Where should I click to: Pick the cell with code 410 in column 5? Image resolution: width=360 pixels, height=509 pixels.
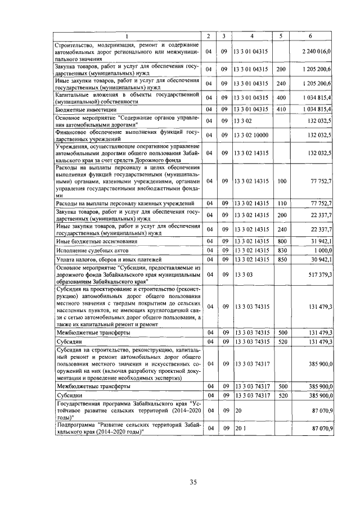tap(281, 109)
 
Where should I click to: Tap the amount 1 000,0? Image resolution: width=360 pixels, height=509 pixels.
tap(323, 249)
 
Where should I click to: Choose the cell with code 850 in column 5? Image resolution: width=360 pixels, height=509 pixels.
tap(281, 259)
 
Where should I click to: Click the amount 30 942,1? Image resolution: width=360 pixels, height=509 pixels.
tap(322, 259)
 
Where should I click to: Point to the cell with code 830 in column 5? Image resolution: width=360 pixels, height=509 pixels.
tap(281, 249)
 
